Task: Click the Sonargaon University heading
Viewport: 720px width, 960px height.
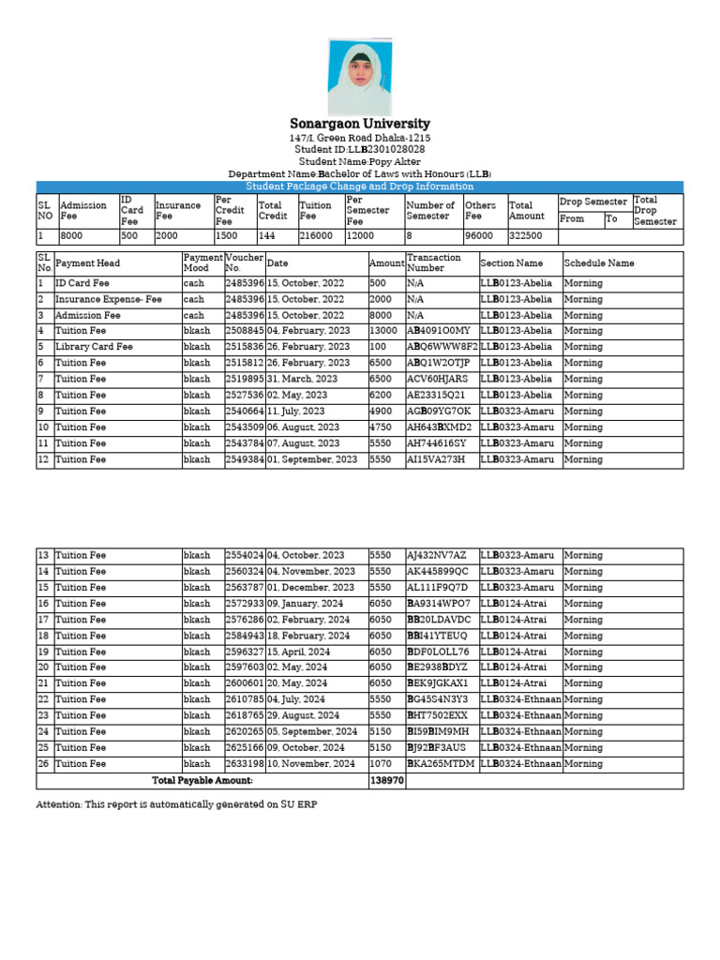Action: [360, 124]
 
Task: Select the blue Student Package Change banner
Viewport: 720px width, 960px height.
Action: [360, 187]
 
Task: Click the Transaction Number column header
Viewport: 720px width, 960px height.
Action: [433, 263]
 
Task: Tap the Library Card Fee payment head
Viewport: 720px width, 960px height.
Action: [95, 347]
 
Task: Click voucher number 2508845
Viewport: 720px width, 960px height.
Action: [245, 331]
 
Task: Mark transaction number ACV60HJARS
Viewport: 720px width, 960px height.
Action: [437, 379]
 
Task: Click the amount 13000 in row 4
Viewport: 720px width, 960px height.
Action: [384, 331]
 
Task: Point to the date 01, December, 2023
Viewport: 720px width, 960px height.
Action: [309, 587]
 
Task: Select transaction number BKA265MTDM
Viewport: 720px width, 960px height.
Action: [441, 764]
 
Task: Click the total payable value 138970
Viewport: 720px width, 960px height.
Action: [386, 780]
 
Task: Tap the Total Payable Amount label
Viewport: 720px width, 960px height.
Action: [202, 780]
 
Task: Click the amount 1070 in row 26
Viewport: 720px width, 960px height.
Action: [382, 764]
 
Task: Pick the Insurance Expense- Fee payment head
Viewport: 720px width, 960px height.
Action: [109, 299]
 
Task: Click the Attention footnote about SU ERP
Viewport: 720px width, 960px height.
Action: [183, 804]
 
